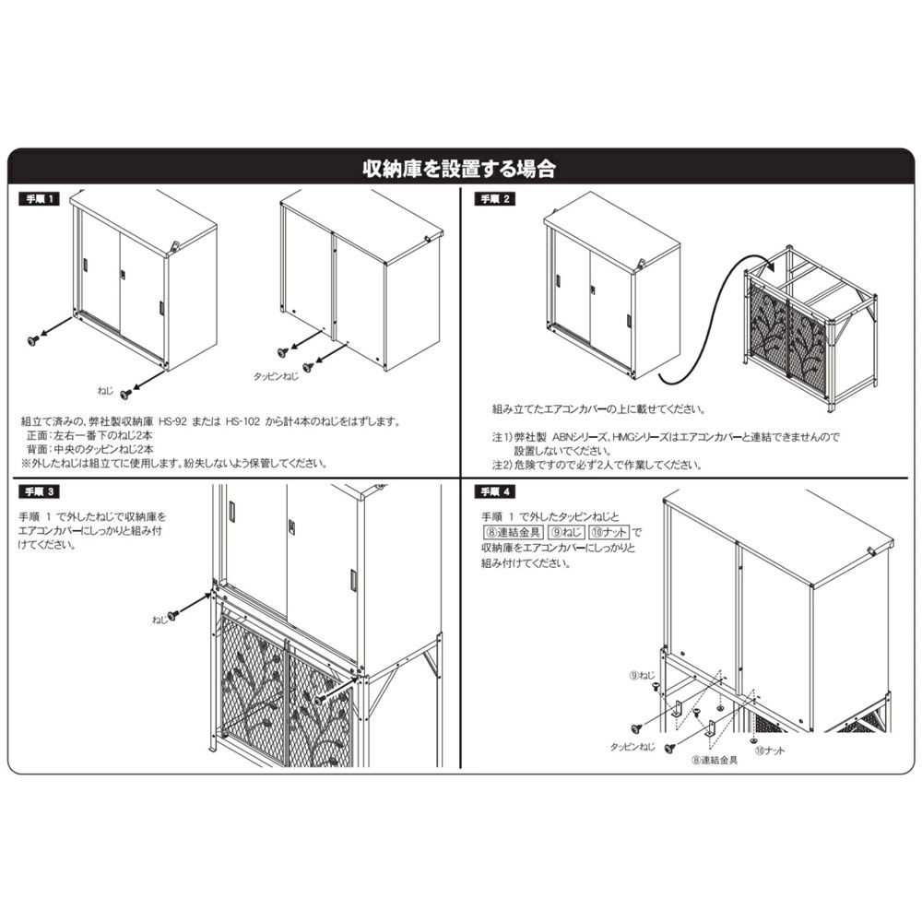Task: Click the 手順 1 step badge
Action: (x=39, y=199)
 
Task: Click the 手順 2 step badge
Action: (x=494, y=199)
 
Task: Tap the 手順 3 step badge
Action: (x=39, y=491)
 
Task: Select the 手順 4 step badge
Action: (x=494, y=491)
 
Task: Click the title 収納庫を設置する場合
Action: (x=459, y=169)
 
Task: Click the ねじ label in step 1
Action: (x=105, y=390)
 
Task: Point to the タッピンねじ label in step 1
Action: (x=276, y=376)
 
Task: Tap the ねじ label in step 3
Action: (x=159, y=620)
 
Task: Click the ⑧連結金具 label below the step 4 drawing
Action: (x=715, y=761)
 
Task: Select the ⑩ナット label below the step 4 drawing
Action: (x=769, y=751)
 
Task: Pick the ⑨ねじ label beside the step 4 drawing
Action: (x=642, y=675)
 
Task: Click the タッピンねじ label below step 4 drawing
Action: (x=632, y=746)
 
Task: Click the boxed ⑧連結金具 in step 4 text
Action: (x=513, y=532)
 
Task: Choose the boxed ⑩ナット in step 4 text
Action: (x=609, y=532)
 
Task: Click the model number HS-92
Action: (x=172, y=421)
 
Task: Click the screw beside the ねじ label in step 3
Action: (x=173, y=615)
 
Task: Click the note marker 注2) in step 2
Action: (x=502, y=465)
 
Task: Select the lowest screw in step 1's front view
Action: (x=125, y=394)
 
